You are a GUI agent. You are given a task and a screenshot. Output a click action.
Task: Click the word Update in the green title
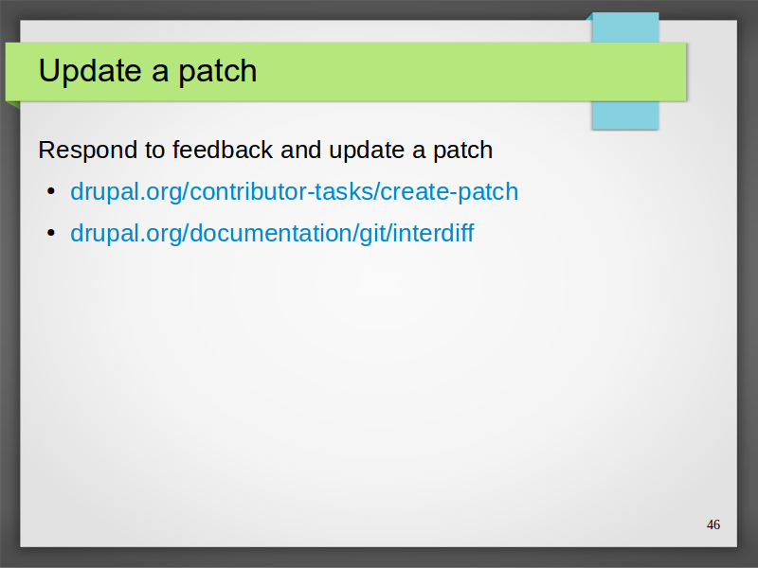click(x=91, y=71)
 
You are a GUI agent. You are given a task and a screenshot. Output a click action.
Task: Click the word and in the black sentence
click(x=300, y=150)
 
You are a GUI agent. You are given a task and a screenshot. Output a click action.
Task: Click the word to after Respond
click(x=154, y=151)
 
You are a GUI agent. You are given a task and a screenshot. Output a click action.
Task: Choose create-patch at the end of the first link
click(x=449, y=193)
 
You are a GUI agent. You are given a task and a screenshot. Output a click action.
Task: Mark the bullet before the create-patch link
click(x=51, y=191)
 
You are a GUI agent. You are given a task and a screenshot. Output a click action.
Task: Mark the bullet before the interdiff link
click(x=51, y=233)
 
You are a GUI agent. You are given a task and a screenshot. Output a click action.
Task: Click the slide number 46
click(x=713, y=524)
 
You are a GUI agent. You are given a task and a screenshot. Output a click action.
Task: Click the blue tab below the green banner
click(x=625, y=115)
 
